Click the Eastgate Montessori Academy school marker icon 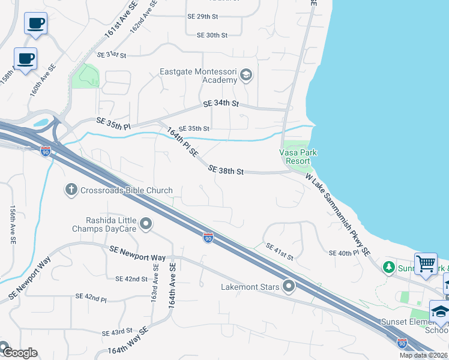(x=246, y=76)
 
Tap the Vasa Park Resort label (x=298, y=157)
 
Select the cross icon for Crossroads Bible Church (x=71, y=190)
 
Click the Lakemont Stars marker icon (x=289, y=286)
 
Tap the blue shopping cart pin (x=426, y=263)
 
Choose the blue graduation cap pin (x=440, y=311)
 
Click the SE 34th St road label (x=221, y=103)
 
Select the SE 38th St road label (x=226, y=171)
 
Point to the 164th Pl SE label (x=182, y=142)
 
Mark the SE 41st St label (x=279, y=252)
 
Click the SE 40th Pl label (x=343, y=253)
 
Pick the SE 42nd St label (x=131, y=279)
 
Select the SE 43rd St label (x=117, y=332)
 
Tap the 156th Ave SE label (x=13, y=224)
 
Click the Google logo (x=19, y=353)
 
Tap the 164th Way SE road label (x=128, y=341)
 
